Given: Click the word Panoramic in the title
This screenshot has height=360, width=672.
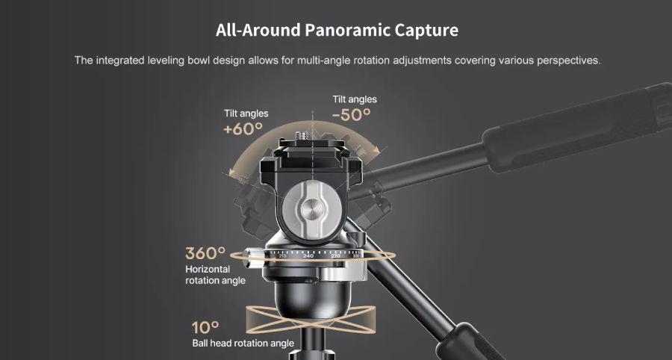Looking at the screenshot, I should (347, 31).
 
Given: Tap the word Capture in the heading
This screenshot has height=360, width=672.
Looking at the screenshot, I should (428, 31).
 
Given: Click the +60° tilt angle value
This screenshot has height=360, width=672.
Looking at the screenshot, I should (243, 128).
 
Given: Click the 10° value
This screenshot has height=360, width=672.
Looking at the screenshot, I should (205, 327).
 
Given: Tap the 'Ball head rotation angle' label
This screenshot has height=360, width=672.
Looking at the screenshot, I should (243, 344).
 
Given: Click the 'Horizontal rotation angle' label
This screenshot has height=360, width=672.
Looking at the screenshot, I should (215, 275).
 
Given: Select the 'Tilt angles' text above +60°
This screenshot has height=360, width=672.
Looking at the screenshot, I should (246, 114).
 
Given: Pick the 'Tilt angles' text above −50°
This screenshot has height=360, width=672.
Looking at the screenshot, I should (355, 99).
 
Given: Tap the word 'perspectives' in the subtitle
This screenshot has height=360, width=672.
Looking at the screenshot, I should (569, 60).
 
